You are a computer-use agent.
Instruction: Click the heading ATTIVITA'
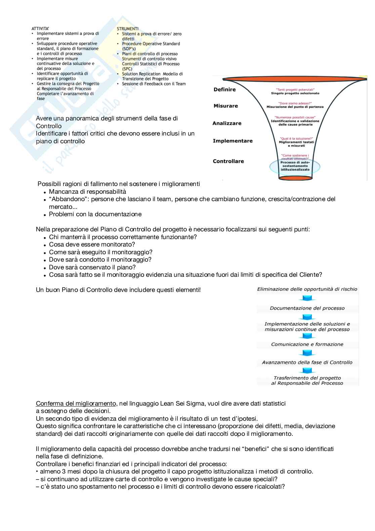click(x=40, y=29)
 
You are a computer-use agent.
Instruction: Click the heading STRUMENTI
click(x=127, y=29)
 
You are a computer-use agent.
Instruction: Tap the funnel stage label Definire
click(x=224, y=89)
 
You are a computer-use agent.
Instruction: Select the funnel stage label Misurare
click(x=225, y=106)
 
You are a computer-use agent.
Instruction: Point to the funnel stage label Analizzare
click(x=227, y=123)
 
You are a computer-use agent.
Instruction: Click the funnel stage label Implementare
click(x=233, y=141)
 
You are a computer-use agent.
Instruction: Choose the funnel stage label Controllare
click(x=228, y=161)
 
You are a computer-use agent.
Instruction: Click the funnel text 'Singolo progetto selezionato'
click(x=295, y=93)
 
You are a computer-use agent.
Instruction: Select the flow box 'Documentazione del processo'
click(x=307, y=308)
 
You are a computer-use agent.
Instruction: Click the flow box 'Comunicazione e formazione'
click(x=307, y=344)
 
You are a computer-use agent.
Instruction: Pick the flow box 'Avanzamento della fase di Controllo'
click(x=307, y=363)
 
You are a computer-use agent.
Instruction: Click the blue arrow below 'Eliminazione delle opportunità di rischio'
click(x=307, y=298)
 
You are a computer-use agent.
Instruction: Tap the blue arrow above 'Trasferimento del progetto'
click(x=307, y=371)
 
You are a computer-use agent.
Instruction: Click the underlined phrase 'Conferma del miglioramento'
click(x=76, y=404)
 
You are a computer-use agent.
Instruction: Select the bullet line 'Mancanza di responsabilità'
click(x=87, y=192)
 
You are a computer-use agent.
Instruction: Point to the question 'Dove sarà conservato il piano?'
click(x=92, y=267)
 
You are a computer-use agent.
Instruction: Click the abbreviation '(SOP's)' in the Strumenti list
click(x=129, y=49)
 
